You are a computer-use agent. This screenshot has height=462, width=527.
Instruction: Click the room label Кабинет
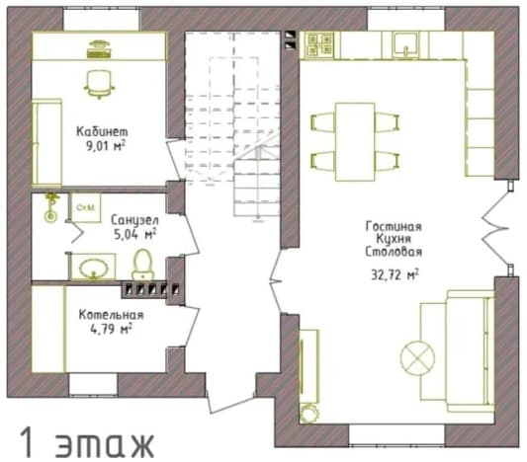coord(102,131)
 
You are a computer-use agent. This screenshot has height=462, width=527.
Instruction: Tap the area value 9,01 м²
coord(106,146)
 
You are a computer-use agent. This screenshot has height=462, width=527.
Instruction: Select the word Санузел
coord(134,220)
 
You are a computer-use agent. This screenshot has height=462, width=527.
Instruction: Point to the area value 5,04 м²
coord(135,234)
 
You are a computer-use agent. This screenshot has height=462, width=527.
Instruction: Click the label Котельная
coord(112,315)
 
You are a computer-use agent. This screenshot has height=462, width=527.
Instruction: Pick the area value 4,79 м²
coord(112,329)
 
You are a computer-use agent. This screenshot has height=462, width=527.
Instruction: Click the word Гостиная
coord(394,226)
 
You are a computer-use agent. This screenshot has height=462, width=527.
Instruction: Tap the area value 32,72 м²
coord(395,274)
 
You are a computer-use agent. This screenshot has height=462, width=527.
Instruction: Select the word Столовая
coord(394,252)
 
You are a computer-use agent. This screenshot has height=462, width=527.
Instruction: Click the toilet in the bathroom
coord(143,265)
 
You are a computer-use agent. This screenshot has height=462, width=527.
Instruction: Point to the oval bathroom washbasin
coord(94,269)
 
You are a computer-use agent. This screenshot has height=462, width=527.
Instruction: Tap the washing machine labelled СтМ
coord(86,207)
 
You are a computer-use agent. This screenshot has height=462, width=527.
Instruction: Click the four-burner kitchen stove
coord(319,45)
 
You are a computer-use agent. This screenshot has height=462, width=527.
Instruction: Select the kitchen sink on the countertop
coord(406,44)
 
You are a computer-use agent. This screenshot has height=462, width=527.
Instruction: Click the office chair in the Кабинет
coord(99,84)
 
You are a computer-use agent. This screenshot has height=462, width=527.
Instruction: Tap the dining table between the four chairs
coord(355,142)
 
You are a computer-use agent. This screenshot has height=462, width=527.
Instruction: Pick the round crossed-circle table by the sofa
coord(417,357)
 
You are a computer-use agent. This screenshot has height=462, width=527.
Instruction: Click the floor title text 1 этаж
coord(87,442)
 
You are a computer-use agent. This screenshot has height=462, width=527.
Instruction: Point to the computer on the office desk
coord(99,49)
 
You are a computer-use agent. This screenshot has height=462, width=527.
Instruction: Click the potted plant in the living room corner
coord(308,413)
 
